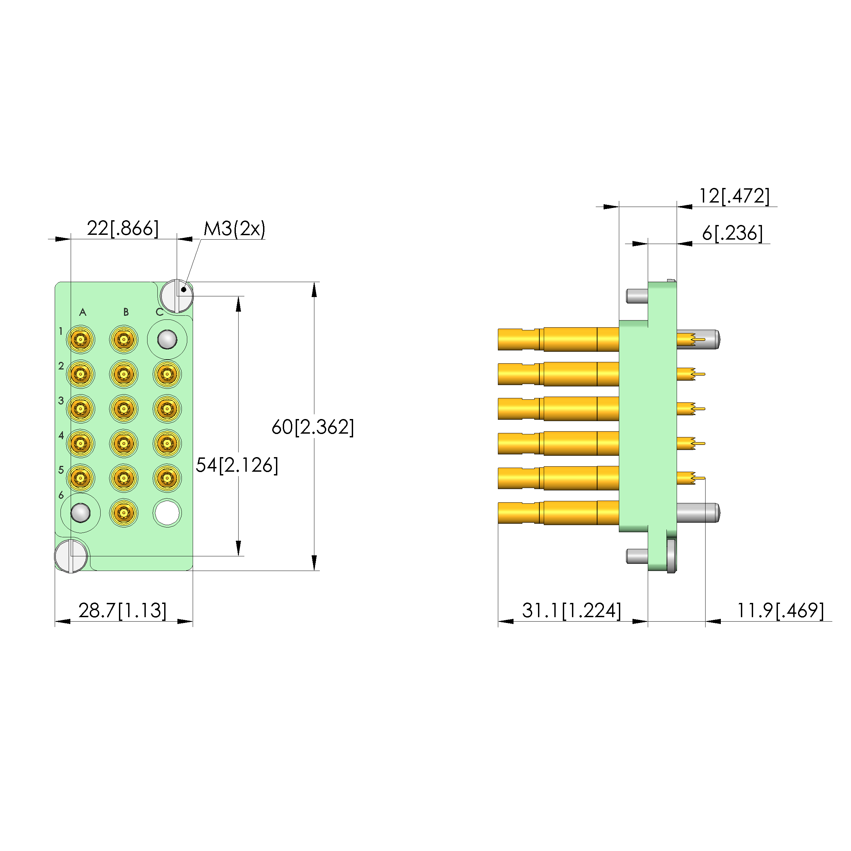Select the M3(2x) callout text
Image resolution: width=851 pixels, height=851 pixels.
235,229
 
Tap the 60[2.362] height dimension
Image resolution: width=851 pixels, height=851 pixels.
312,427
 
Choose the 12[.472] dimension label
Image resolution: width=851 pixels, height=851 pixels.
734,196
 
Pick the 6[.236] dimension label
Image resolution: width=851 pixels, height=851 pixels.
732,233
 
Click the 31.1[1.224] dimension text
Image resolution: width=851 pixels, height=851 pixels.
571,610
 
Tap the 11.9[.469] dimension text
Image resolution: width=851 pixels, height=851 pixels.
780,610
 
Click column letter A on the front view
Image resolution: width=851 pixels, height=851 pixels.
83,312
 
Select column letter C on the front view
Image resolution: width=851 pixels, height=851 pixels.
159,312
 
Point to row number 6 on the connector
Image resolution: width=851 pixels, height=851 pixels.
61,495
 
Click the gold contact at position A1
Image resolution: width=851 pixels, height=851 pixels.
80,340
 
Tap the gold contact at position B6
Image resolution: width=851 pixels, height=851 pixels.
124,513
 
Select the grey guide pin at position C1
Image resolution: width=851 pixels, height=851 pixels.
167,340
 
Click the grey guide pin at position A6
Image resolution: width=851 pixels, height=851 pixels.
81,513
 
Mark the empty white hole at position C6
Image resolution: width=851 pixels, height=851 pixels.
167,513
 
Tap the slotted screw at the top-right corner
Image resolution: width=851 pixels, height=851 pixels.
177,296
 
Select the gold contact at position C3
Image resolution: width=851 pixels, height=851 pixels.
167,409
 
